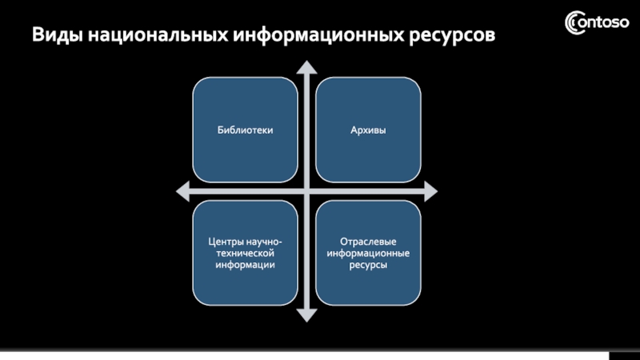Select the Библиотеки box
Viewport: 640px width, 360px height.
tap(244, 130)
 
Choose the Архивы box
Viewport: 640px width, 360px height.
tap(368, 130)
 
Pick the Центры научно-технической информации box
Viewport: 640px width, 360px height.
tap(244, 253)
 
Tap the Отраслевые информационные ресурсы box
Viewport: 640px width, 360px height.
tap(368, 253)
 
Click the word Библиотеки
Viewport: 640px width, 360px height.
tap(244, 130)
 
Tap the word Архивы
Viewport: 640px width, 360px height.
tap(368, 130)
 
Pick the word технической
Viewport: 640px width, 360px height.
tap(244, 253)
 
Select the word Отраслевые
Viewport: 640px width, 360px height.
tap(368, 241)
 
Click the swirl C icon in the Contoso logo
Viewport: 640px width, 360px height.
tap(574, 22)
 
